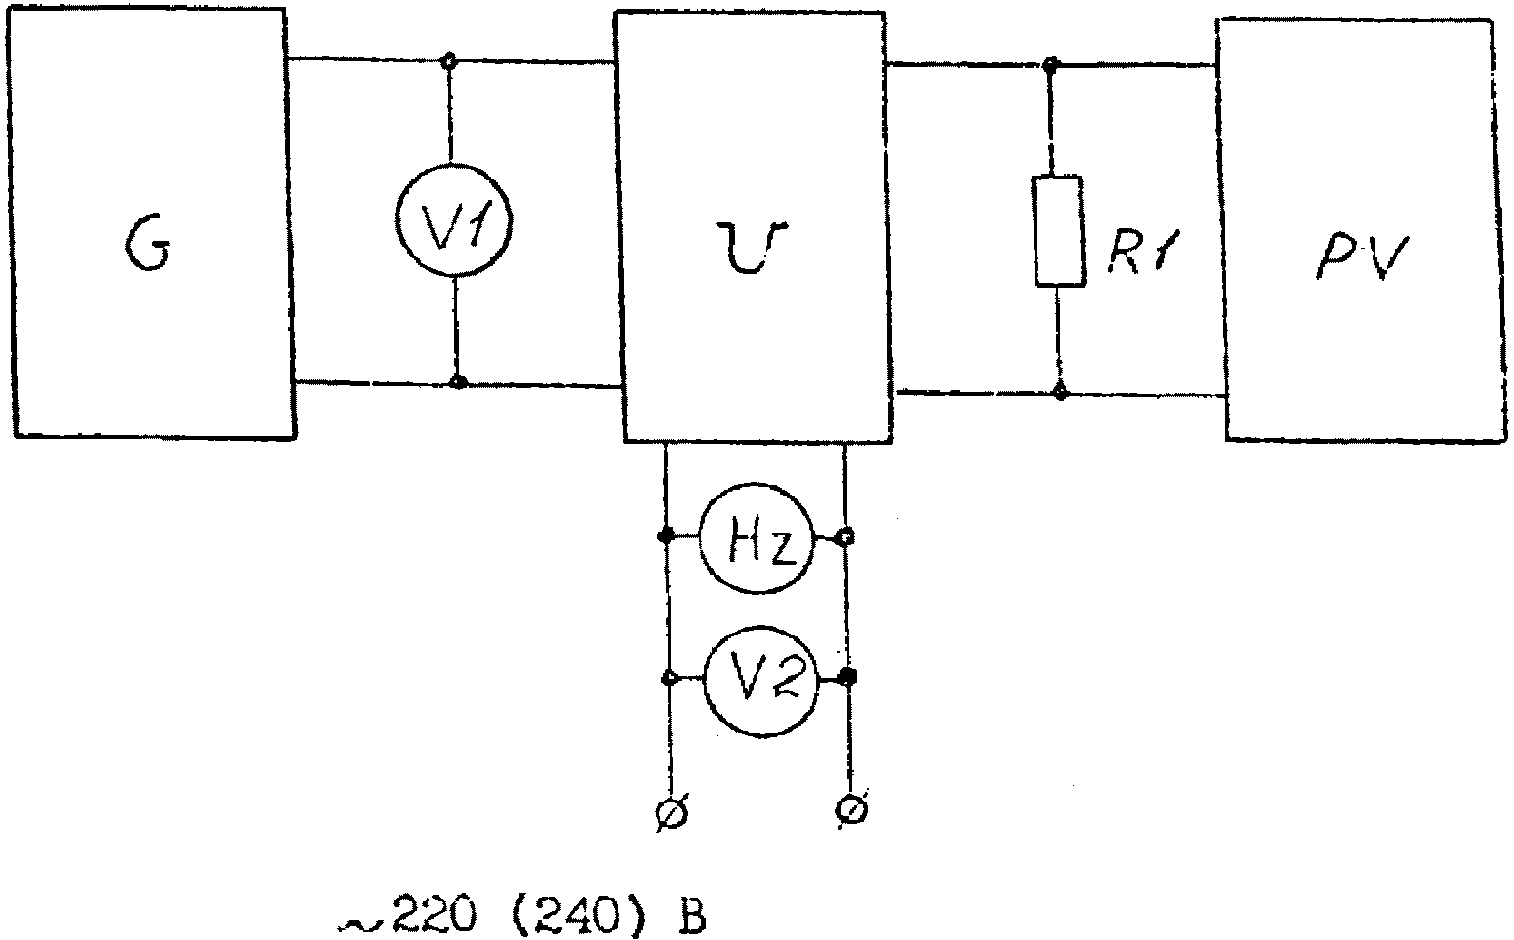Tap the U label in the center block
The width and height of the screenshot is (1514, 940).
(x=753, y=247)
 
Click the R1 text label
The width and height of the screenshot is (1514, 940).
(x=1143, y=252)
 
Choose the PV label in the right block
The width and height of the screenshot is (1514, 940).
(x=1362, y=256)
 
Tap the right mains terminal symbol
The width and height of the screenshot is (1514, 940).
(x=853, y=809)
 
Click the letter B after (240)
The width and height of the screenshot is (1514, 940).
(x=690, y=915)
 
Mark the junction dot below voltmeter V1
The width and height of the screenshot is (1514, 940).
(x=458, y=382)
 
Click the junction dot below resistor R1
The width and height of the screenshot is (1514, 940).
(x=1060, y=392)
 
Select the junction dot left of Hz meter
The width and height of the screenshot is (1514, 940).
(x=666, y=536)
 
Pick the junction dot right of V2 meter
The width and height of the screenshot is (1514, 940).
(x=849, y=675)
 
